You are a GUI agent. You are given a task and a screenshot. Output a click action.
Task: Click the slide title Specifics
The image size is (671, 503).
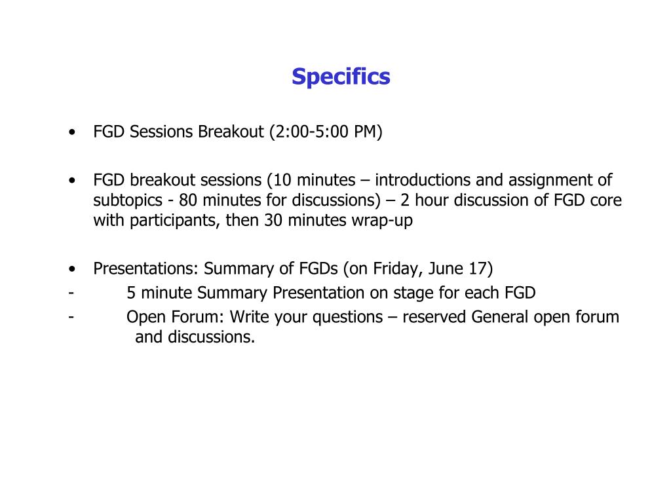point(341,77)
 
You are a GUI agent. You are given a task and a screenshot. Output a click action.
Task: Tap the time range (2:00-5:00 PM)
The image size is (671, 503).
point(326,132)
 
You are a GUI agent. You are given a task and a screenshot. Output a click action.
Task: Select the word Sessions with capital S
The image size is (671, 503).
point(162,132)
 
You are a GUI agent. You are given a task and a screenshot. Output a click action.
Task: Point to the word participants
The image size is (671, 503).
point(172,221)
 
